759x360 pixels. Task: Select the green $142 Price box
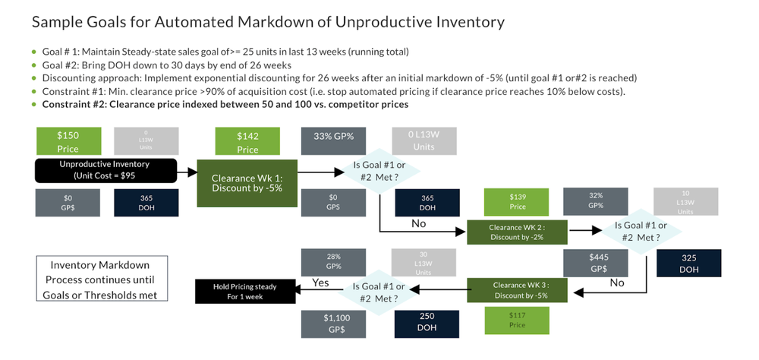coord(247,141)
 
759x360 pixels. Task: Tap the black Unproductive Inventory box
coord(106,170)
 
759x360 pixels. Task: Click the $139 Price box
coord(518,201)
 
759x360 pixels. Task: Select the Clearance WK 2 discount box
coord(516,232)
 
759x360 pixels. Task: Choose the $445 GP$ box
coord(596,263)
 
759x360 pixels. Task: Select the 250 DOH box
coord(427,321)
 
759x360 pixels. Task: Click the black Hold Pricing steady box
coord(245,291)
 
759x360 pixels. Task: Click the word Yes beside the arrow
coord(320,284)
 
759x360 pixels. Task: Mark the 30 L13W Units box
coord(425,261)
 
